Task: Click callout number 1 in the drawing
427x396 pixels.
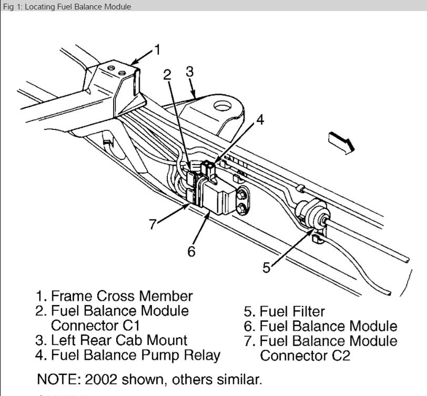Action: (x=157, y=50)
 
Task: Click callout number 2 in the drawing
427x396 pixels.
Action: (x=168, y=75)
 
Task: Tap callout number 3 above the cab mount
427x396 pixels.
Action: (x=190, y=72)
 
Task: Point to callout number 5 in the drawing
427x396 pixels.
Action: (x=267, y=268)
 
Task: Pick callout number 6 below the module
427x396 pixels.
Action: (x=191, y=251)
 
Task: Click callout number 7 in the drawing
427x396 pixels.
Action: (x=153, y=224)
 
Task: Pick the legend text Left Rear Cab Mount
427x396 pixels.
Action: (x=119, y=340)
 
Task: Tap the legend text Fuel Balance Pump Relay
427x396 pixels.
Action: (x=135, y=355)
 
